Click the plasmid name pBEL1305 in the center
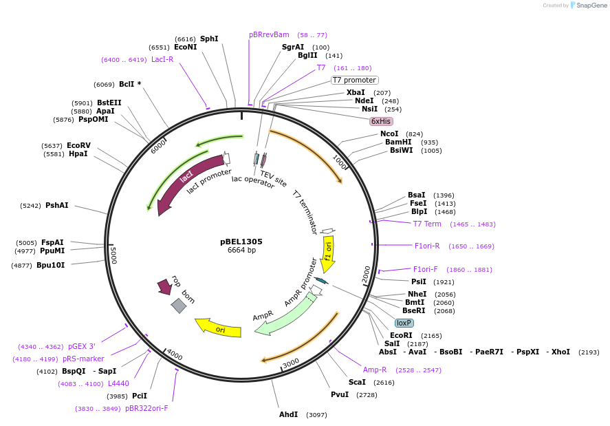tap(241, 242)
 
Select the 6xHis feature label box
tap(381, 121)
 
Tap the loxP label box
tap(404, 323)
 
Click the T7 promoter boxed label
tap(355, 80)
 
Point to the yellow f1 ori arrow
tap(328, 253)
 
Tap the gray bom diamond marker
tap(179, 306)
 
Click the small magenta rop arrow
tap(164, 286)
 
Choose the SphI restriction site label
tap(209, 39)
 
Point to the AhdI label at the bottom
tap(288, 414)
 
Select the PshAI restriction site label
tap(57, 205)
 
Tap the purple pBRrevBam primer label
tap(269, 34)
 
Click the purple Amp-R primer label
tap(375, 370)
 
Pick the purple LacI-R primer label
tap(162, 60)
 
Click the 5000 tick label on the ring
tap(113, 255)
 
